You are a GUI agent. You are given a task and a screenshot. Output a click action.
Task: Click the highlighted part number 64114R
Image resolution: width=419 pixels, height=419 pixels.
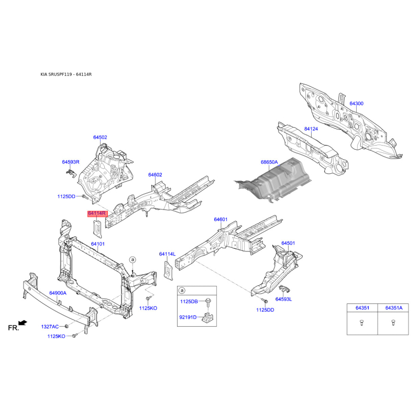(x=97, y=213)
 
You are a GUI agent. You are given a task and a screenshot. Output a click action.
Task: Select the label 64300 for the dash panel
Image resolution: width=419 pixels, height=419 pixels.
(x=356, y=103)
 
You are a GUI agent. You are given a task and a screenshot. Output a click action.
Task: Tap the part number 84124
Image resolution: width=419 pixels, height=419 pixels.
(x=311, y=129)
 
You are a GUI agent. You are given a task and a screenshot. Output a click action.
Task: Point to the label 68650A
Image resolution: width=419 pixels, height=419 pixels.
(x=269, y=162)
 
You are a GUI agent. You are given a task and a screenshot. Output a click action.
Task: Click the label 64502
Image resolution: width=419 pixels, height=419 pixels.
(x=100, y=137)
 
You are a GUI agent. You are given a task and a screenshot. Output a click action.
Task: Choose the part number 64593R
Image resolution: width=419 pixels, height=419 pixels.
(x=71, y=162)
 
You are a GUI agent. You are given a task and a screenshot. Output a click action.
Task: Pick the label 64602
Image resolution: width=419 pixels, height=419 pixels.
(x=155, y=175)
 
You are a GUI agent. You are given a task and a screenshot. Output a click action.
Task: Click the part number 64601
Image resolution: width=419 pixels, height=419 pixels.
(x=220, y=219)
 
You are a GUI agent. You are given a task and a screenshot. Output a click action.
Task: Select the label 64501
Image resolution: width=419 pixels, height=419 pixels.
(x=288, y=243)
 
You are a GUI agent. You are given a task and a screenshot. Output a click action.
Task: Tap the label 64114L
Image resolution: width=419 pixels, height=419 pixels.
(x=167, y=254)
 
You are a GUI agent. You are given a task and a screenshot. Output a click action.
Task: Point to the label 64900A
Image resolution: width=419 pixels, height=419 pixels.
(x=58, y=293)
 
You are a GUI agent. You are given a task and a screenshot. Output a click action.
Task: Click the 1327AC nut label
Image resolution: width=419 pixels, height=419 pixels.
(x=50, y=326)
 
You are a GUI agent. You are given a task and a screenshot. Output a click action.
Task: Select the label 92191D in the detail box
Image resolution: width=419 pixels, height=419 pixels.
(x=188, y=317)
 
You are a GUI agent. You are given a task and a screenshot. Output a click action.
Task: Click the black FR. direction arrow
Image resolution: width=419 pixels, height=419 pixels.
(x=23, y=323)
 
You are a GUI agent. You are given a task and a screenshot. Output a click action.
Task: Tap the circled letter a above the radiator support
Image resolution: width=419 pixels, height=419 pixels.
(x=133, y=259)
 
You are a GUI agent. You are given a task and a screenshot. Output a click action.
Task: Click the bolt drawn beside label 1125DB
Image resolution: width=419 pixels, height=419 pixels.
(x=208, y=302)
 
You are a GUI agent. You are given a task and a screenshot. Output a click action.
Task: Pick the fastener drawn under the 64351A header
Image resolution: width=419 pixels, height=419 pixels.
(x=393, y=323)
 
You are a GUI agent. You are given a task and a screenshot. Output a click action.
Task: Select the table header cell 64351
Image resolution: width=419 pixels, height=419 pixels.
(x=362, y=308)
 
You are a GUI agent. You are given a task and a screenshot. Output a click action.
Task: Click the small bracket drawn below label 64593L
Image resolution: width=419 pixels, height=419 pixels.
(x=284, y=289)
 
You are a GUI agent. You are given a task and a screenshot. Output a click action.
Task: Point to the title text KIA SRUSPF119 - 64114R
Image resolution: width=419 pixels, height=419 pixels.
(x=66, y=74)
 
